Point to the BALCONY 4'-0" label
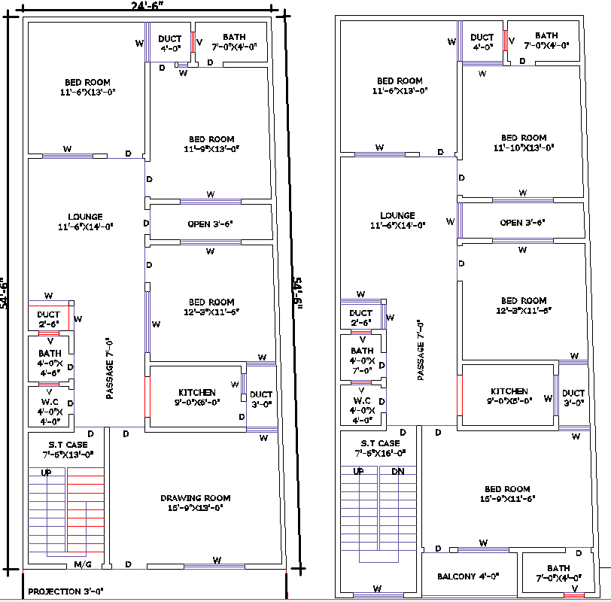(469, 576)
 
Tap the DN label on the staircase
(397, 471)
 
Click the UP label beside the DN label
(358, 471)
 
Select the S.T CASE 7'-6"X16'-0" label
(380, 448)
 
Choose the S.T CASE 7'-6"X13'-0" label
(68, 449)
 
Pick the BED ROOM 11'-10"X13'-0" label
(524, 143)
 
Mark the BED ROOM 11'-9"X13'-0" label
(211, 144)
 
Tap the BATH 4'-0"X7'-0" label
(362, 360)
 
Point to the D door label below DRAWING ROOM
(128, 564)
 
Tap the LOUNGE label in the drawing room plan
(84, 221)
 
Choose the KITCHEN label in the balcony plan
(509, 396)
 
